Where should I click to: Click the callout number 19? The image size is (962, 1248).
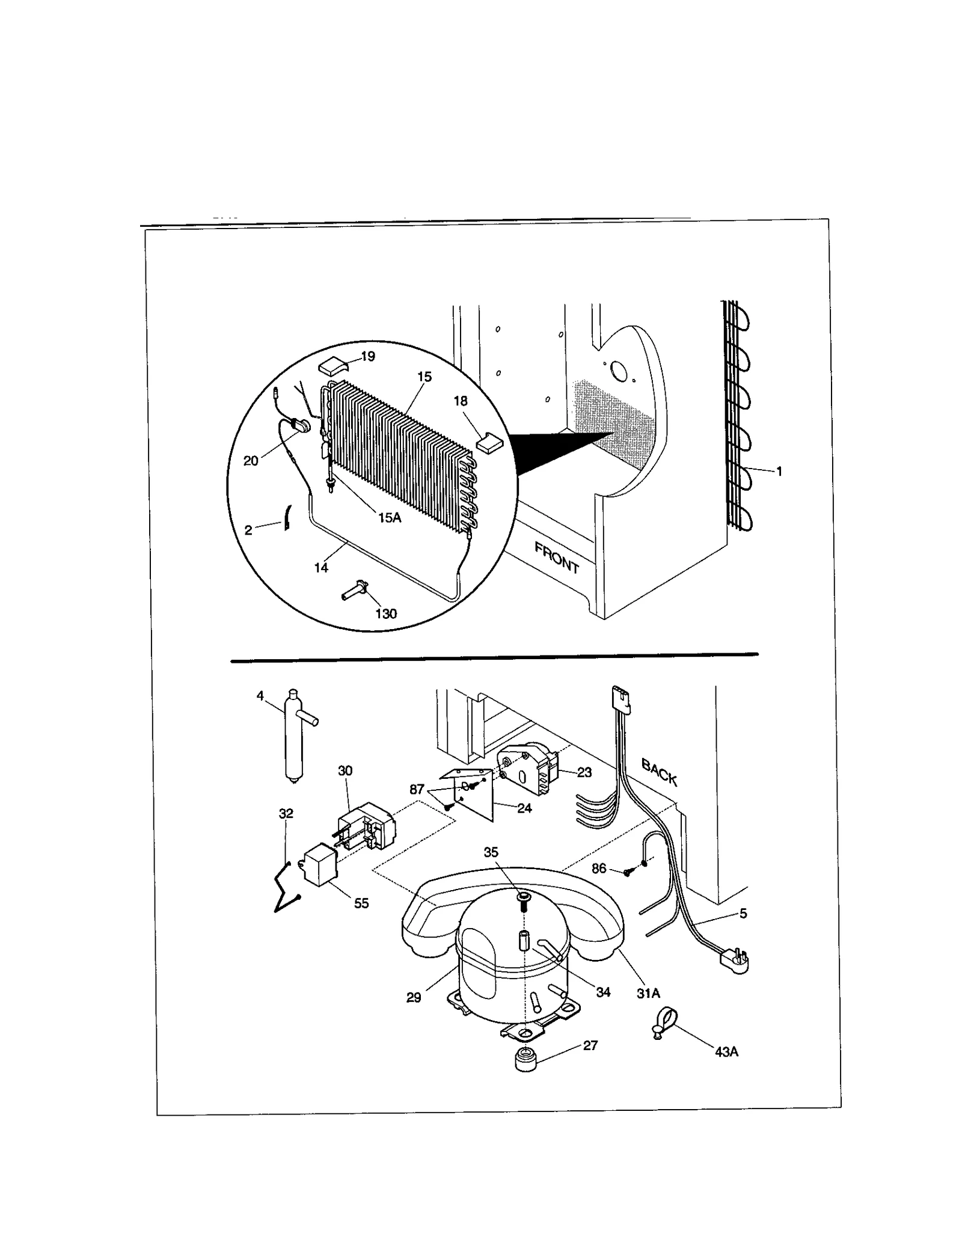tap(368, 356)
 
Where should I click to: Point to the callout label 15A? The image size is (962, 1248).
tap(389, 517)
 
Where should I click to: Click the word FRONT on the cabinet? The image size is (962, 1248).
tap(556, 557)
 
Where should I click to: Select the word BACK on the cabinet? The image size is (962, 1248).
tap(660, 772)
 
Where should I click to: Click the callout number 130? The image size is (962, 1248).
tap(386, 613)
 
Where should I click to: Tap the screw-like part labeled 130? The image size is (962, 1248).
tap(355, 589)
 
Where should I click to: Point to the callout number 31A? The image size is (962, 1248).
tap(648, 994)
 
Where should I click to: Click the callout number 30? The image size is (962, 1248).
tap(345, 770)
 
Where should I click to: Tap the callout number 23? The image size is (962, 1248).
tap(584, 772)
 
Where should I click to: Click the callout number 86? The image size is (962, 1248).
tap(599, 868)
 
